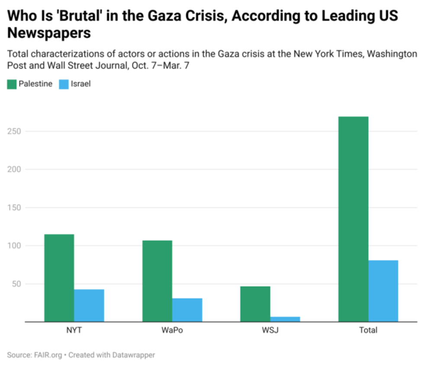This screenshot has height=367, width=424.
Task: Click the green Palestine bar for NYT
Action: click(59, 278)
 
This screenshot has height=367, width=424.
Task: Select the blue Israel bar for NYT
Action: click(89, 306)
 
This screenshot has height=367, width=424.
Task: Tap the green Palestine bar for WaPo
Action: click(157, 281)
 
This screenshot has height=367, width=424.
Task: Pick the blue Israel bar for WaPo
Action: click(187, 310)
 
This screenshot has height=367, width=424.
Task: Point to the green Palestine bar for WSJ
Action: click(255, 304)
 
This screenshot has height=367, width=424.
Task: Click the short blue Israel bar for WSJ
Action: click(285, 319)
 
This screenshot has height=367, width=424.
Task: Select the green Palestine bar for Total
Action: click(353, 219)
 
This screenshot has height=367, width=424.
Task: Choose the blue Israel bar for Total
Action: click(383, 291)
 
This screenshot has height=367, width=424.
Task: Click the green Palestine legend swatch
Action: click(11, 84)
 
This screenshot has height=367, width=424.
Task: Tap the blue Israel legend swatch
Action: click(63, 84)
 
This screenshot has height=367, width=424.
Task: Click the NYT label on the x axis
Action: click(74, 330)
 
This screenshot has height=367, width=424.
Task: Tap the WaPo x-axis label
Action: click(172, 330)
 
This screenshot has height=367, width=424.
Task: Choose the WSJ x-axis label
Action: click(270, 330)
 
